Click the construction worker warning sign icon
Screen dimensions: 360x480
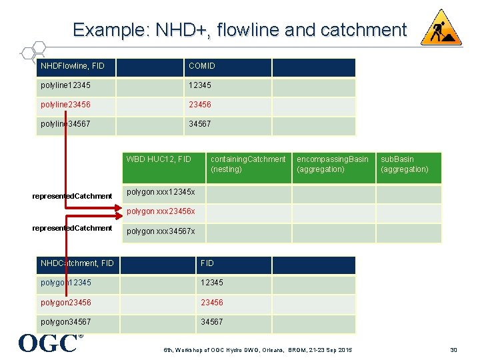(441, 28)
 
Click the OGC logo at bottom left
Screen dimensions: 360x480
(48, 343)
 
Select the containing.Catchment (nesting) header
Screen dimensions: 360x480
(247, 165)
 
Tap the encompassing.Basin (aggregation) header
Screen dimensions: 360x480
(332, 165)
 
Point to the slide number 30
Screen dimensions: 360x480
(453, 351)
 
